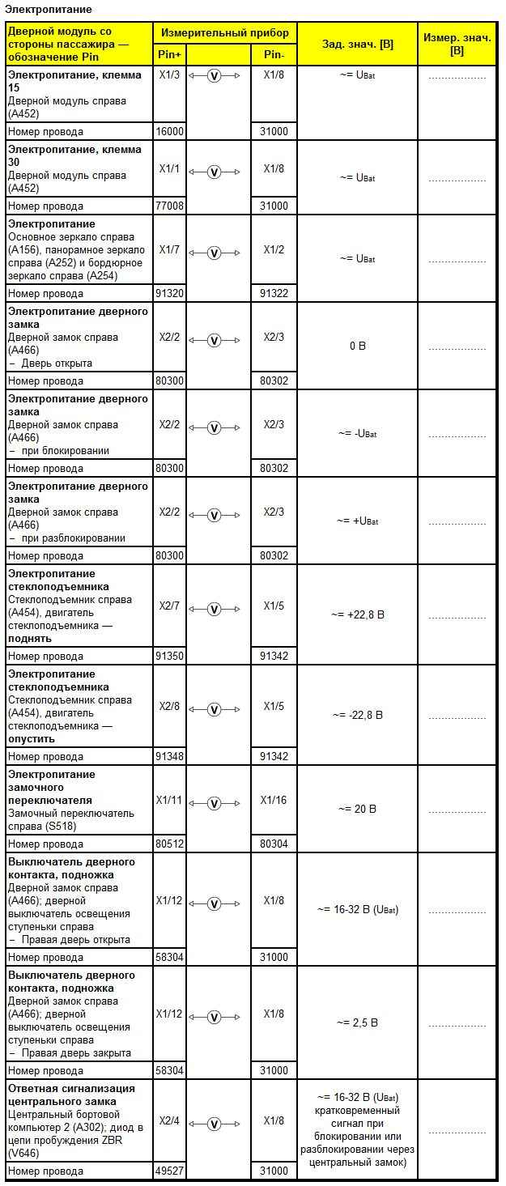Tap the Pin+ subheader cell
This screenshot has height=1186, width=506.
pyautogui.click(x=170, y=54)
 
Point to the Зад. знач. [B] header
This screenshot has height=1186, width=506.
pyautogui.click(x=357, y=44)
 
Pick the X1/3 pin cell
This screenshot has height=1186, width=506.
pyautogui.click(x=170, y=75)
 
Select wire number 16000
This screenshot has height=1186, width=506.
pyautogui.click(x=170, y=132)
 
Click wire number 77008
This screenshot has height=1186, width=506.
pyautogui.click(x=170, y=206)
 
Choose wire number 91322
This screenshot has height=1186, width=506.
pyautogui.click(x=274, y=294)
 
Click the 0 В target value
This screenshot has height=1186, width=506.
pyautogui.click(x=357, y=346)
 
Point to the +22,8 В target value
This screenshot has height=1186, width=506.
pyautogui.click(x=357, y=615)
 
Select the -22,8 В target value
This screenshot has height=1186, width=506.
pyautogui.click(x=357, y=716)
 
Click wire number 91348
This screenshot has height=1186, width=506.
pyautogui.click(x=170, y=757)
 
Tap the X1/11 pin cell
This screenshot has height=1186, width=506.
pyautogui.click(x=170, y=801)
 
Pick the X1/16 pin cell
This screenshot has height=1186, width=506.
pyautogui.click(x=274, y=801)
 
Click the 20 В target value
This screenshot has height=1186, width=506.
pyautogui.click(x=357, y=810)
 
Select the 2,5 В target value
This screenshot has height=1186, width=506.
pyautogui.click(x=357, y=1023)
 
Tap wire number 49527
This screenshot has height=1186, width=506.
pyautogui.click(x=170, y=1171)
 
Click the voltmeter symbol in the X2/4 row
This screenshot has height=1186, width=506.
pyautogui.click(x=215, y=1124)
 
